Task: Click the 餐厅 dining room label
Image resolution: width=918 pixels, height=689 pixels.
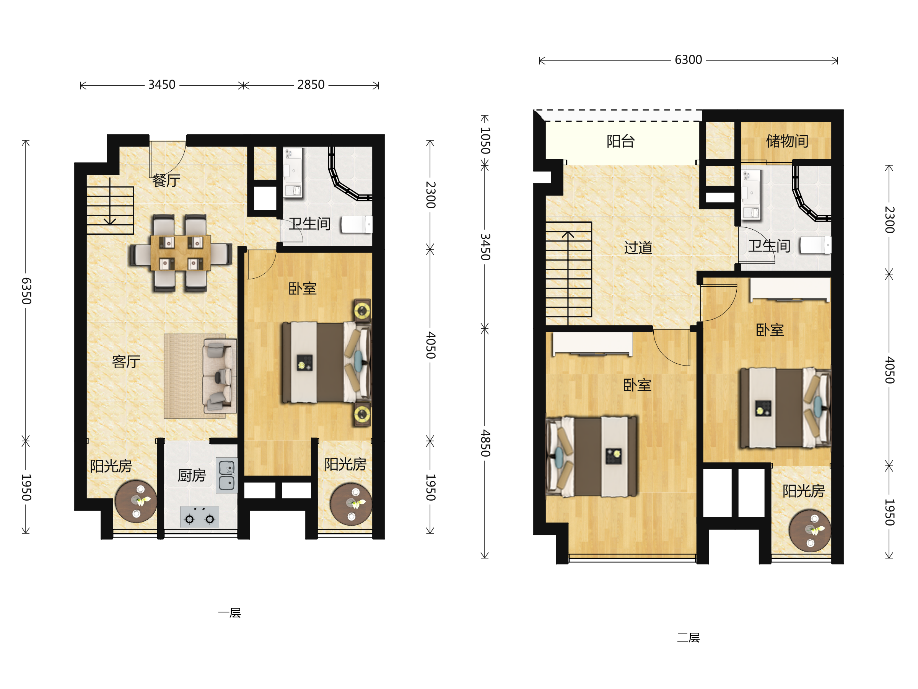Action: (166, 181)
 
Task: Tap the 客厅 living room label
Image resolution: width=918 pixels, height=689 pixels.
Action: (126, 362)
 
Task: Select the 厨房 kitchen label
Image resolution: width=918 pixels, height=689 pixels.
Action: (192, 475)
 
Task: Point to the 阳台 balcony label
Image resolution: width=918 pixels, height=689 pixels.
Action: (620, 141)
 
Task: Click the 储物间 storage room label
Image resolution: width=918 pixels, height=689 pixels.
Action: (787, 141)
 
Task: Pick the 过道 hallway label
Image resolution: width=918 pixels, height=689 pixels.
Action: (638, 248)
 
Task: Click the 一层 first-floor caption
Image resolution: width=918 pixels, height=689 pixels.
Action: (229, 613)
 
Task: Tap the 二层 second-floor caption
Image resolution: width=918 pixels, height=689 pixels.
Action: (688, 637)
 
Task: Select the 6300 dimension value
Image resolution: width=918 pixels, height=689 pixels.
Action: (688, 60)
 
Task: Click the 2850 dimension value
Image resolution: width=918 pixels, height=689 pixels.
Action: (311, 85)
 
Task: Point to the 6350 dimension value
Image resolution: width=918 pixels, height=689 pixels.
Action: (26, 291)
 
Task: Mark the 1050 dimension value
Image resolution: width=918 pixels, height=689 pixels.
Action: (485, 140)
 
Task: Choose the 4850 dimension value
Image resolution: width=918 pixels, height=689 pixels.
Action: (485, 443)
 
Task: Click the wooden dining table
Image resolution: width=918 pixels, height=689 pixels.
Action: (181, 253)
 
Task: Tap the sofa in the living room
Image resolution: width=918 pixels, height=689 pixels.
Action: (220, 376)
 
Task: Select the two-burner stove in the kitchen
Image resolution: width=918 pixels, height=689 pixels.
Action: (200, 517)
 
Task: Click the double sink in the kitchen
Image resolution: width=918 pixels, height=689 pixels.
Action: (226, 475)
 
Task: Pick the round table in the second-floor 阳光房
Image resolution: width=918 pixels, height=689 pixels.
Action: (810, 531)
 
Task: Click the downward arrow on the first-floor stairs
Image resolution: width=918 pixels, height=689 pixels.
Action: (110, 201)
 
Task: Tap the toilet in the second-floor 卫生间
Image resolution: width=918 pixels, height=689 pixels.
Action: (815, 245)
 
